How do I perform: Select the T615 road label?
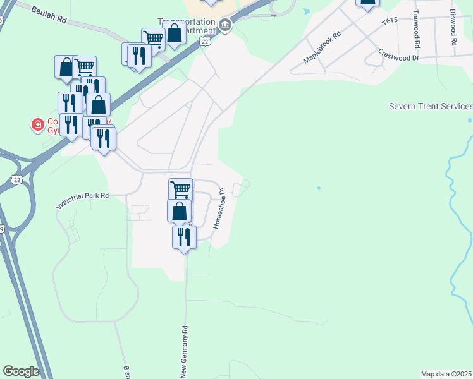390,21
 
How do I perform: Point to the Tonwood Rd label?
416,29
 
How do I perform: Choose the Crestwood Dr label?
398,55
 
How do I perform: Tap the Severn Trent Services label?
431,106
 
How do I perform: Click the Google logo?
21,371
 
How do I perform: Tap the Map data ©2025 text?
446,374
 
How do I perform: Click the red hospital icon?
38,125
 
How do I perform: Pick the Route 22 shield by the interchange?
16,180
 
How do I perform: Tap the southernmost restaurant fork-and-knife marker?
184,238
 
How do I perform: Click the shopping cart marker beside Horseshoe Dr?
180,189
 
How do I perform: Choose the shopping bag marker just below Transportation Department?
175,33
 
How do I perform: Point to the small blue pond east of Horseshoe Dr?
319,188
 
